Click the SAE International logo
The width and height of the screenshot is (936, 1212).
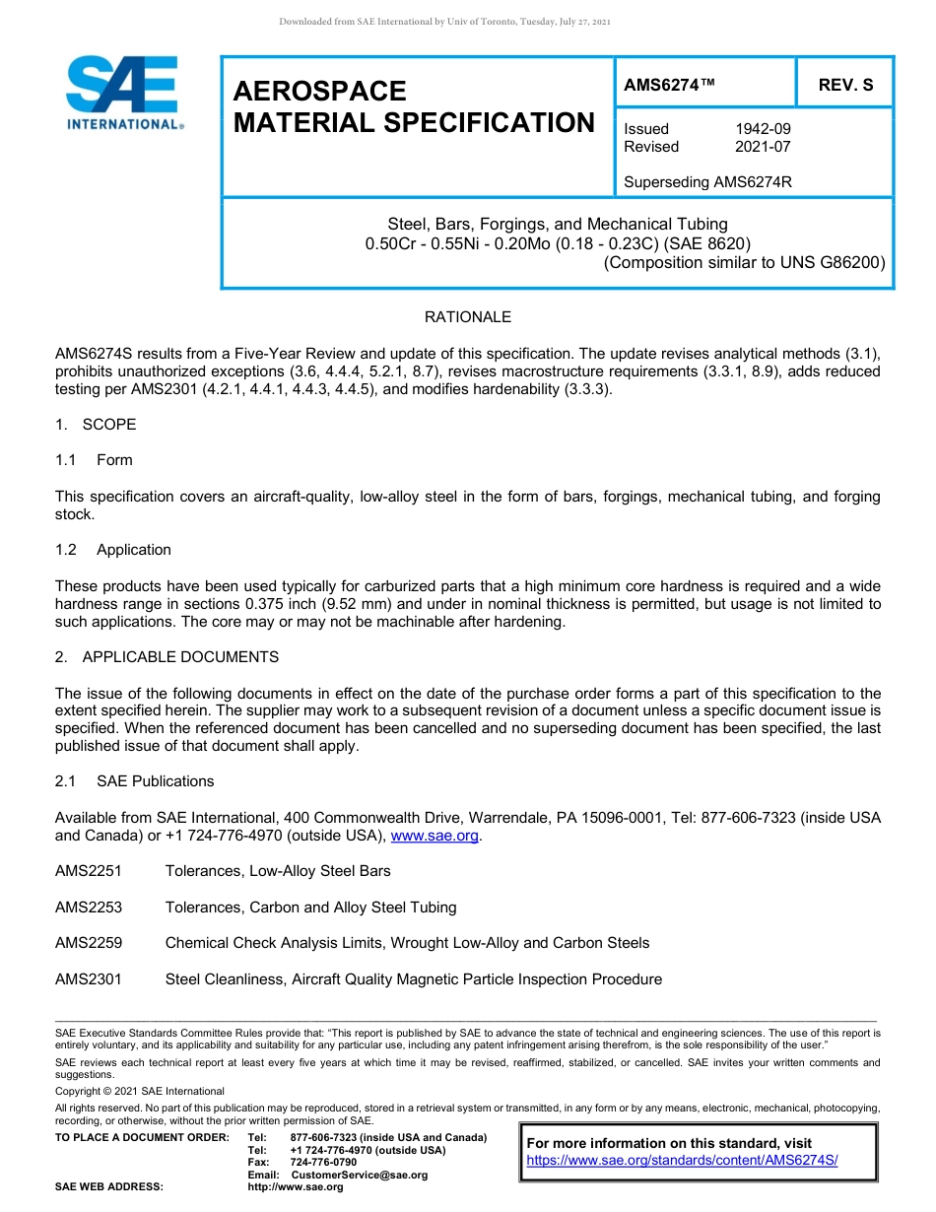coord(123,93)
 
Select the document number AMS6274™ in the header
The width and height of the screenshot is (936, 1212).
coord(669,86)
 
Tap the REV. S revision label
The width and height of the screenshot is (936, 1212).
coord(845,86)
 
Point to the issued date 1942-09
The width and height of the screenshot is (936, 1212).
coord(763,129)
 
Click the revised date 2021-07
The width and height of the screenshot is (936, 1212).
coord(763,147)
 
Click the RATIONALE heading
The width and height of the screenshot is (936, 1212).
coord(468,317)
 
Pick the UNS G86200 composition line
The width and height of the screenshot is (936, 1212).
coord(744,262)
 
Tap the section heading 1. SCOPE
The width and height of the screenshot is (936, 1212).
coord(96,425)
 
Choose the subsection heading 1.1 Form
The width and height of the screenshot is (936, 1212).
coord(94,460)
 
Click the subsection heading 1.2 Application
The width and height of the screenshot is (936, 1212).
coord(113,550)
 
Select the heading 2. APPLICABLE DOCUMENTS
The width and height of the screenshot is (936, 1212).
coord(167,657)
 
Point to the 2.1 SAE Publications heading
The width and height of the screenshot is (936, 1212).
coord(134,781)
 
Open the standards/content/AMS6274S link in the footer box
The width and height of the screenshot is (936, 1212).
coord(682,1161)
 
